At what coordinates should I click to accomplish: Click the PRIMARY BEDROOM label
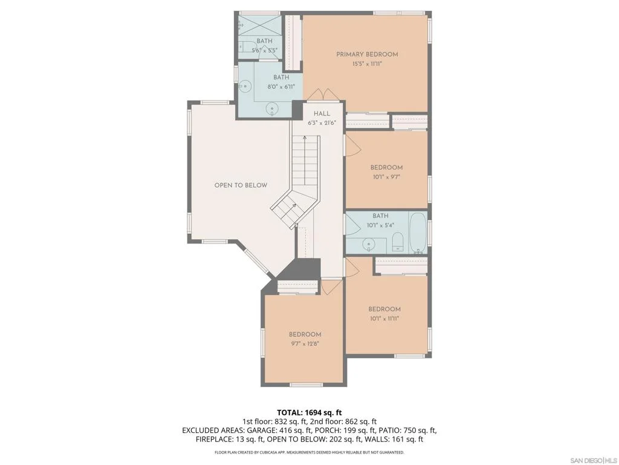[x=367, y=54]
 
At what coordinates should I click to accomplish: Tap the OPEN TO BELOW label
[x=241, y=185]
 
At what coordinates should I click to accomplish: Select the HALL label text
[x=322, y=113]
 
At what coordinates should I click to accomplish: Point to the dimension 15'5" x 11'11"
[x=367, y=64]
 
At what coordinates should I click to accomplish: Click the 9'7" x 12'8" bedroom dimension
[x=305, y=344]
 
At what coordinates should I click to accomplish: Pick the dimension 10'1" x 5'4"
[x=381, y=225]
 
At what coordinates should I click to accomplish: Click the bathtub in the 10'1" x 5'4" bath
[x=418, y=233]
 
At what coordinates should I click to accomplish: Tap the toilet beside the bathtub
[x=397, y=242]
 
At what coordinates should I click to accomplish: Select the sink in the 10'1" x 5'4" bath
[x=369, y=245]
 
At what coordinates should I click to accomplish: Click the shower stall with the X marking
[x=260, y=25]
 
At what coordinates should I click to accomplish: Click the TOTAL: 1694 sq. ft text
[x=309, y=413]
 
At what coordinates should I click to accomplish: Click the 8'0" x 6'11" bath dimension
[x=281, y=87]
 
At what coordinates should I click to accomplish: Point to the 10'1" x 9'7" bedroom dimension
[x=386, y=177]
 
